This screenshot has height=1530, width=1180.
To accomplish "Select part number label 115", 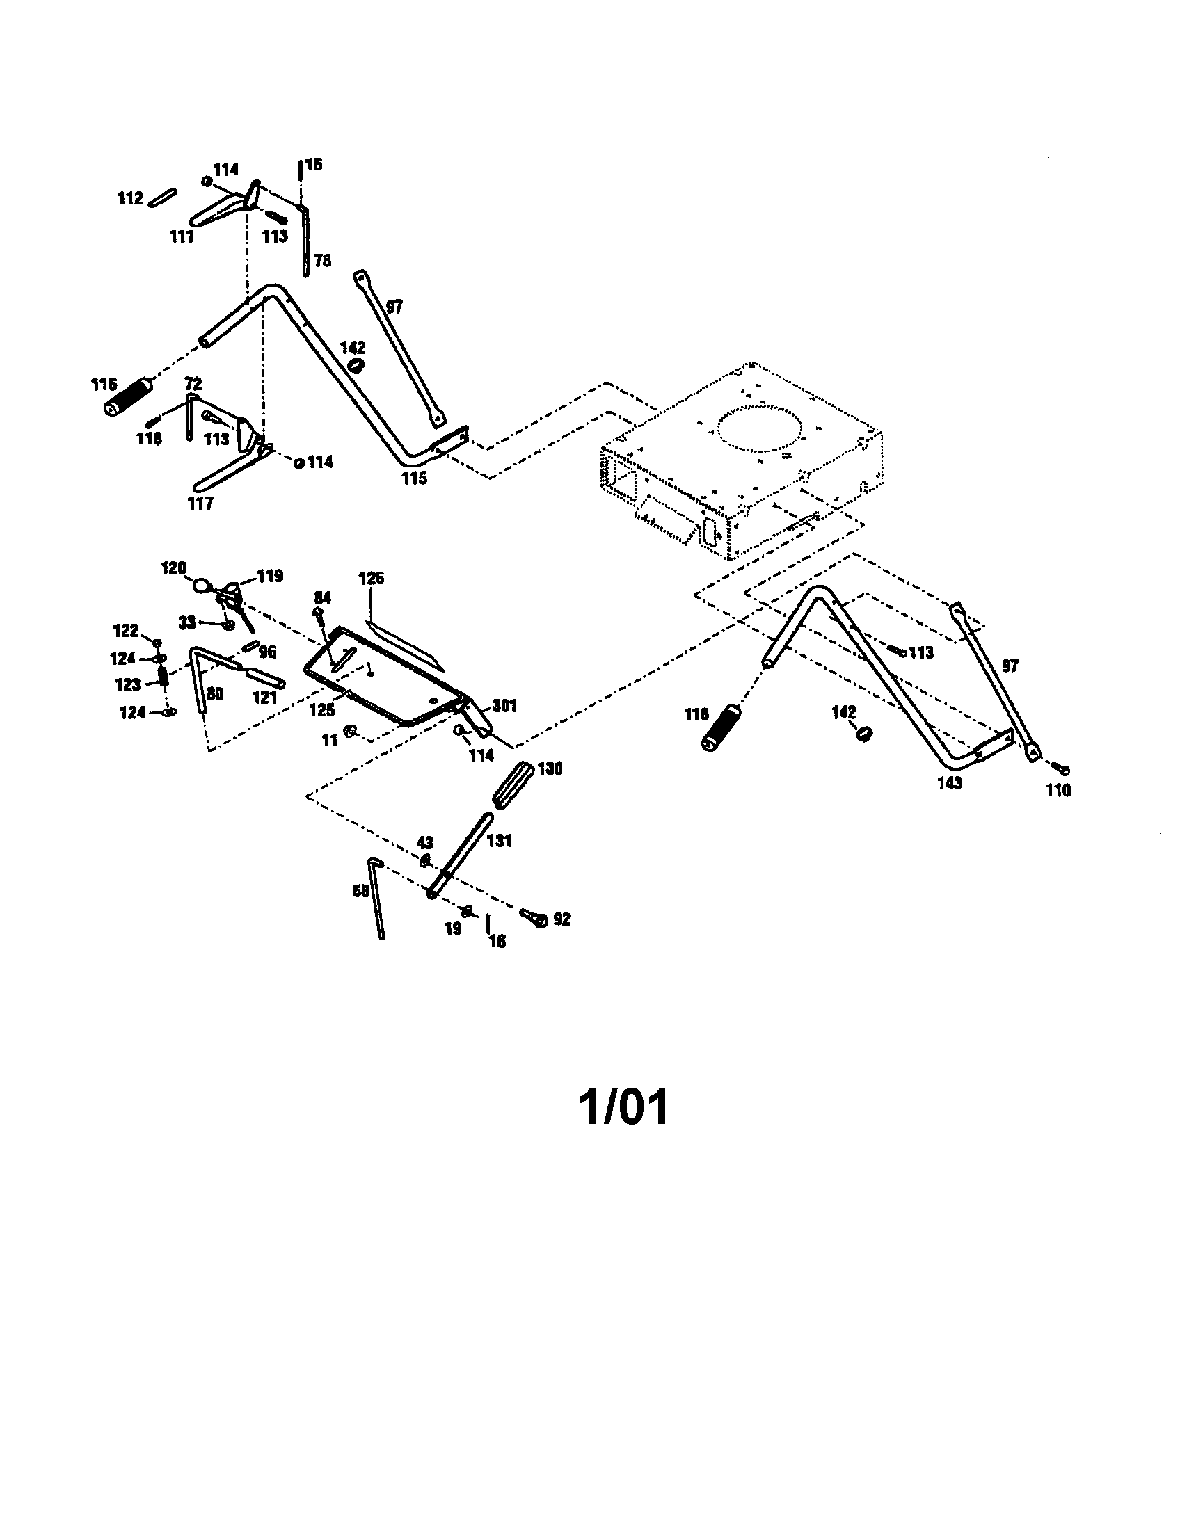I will [414, 478].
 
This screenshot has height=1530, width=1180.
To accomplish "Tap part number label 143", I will [950, 782].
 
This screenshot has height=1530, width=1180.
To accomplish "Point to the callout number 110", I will [1058, 790].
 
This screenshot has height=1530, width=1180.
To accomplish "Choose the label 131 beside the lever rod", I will [500, 840].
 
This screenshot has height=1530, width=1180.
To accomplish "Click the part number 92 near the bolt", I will [561, 919].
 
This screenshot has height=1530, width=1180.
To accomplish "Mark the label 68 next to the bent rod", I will [360, 891].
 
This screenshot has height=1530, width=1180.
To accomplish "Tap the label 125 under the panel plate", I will [322, 709].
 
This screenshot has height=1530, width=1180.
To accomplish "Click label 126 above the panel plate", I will [372, 578].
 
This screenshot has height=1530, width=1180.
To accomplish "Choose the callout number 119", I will [270, 576].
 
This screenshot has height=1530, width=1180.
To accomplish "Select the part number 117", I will [200, 503].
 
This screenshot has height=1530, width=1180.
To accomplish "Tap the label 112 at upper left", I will [129, 199].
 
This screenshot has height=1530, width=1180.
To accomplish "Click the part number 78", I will [322, 261].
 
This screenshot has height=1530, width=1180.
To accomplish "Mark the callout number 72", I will [193, 384].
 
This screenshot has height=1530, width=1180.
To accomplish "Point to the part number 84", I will [322, 597].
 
